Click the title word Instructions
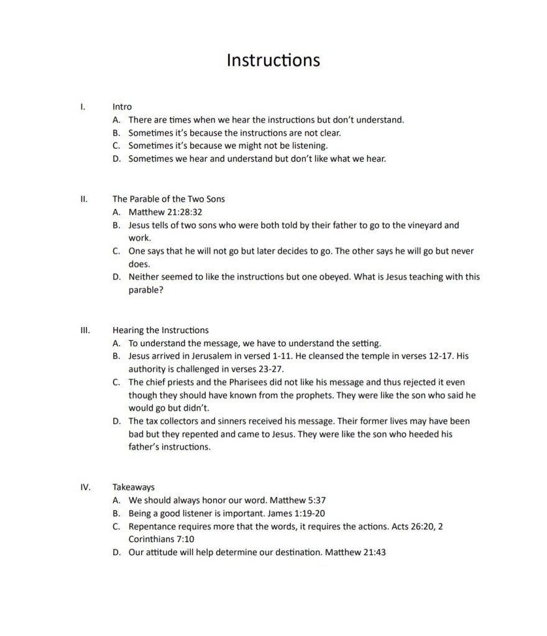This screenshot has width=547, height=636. pos(273,60)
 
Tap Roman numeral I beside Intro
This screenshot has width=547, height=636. pos(83,106)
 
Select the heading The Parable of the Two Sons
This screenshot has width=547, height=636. pos(168,199)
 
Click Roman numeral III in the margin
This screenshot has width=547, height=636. pos(85,330)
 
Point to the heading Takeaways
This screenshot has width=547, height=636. pos(134,487)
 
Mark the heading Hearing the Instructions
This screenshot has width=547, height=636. pos(160,330)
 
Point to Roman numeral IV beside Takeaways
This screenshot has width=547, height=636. pos(85,487)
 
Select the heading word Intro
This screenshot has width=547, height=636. pos(122,106)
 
